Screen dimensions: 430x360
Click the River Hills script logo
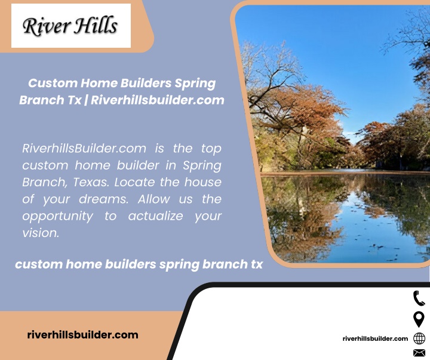point(70,26)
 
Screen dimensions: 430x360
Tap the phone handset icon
point(419,299)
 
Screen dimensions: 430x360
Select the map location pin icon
point(419,319)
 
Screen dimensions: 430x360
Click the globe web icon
point(419,339)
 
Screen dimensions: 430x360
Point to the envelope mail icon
point(419,353)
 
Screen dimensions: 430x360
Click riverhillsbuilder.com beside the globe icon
point(375,339)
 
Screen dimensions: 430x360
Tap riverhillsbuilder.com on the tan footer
point(82,335)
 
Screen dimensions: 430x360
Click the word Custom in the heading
point(53,83)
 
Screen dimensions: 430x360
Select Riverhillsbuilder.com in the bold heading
point(158,100)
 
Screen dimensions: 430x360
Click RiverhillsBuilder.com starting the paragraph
point(84,148)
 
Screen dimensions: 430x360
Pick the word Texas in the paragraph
point(91,182)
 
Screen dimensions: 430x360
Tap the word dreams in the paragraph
point(104,199)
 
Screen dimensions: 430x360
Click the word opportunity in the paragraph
point(57,217)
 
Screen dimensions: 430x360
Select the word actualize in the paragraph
point(155,216)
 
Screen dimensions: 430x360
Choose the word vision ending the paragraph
point(41,233)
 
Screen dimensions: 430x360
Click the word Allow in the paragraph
point(154,199)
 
